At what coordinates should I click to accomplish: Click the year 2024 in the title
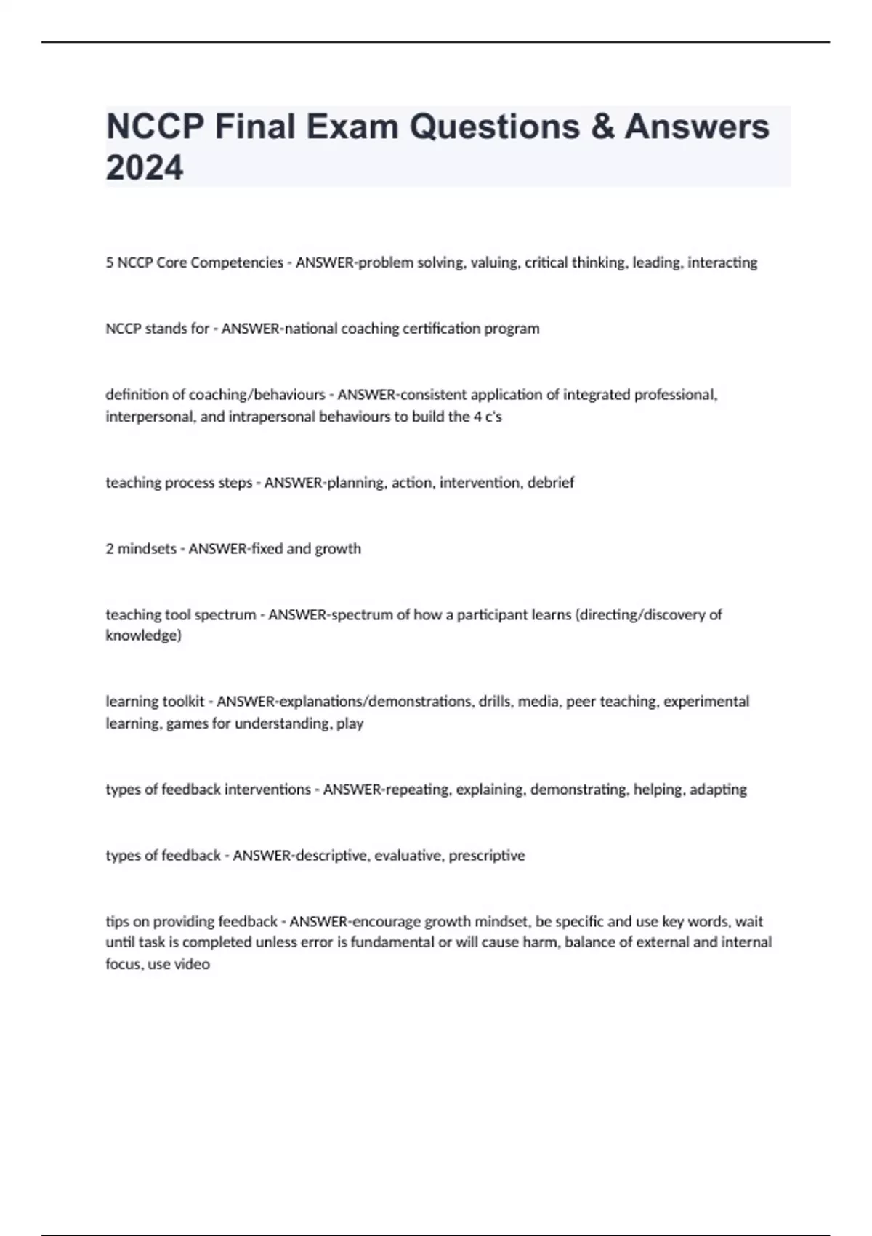click(145, 167)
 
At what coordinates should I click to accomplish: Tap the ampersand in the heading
click(602, 127)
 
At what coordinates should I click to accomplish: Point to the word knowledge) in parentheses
click(143, 635)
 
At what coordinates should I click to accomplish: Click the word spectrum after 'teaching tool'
click(225, 615)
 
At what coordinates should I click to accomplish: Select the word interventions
click(267, 790)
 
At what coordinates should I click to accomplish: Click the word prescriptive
click(486, 856)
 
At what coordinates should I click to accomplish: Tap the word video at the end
click(193, 965)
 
